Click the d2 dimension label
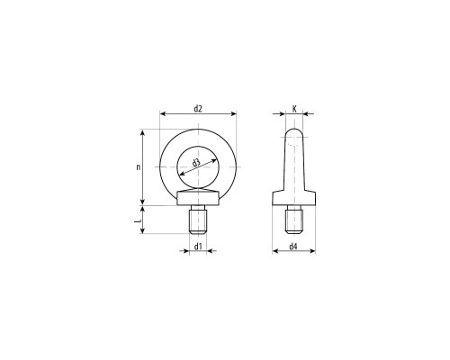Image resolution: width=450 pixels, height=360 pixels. pyautogui.click(x=198, y=108)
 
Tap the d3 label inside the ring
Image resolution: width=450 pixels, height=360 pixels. pyautogui.click(x=196, y=163)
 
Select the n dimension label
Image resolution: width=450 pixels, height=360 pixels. pyautogui.click(x=139, y=167)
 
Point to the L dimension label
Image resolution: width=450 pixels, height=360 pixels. pyautogui.click(x=138, y=221)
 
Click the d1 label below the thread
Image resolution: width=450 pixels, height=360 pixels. pyautogui.click(x=198, y=247)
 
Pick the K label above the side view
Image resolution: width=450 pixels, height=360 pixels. pyautogui.click(x=294, y=109)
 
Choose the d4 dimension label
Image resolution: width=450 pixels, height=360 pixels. pyautogui.click(x=293, y=247)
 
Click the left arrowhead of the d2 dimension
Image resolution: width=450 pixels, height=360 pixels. pyautogui.click(x=163, y=113)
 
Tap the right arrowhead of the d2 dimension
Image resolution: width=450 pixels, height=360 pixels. pyautogui.click(x=233, y=113)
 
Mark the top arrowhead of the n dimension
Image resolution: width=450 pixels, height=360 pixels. pyautogui.click(x=143, y=133)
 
